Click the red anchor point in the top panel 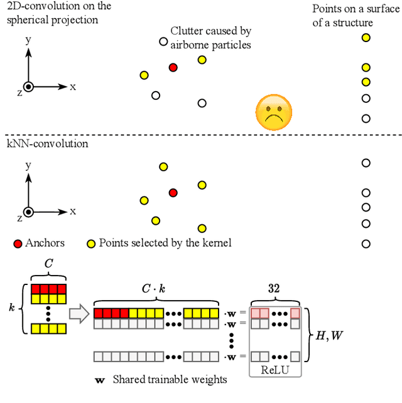[x=173, y=67]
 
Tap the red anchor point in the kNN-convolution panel [x=173, y=193]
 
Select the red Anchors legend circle [x=17, y=243]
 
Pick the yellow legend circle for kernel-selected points [x=91, y=243]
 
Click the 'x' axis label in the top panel [x=73, y=87]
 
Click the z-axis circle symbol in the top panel [x=28, y=87]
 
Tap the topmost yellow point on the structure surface [x=366, y=38]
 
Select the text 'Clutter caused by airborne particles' [x=210, y=38]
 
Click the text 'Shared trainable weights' [x=170, y=379]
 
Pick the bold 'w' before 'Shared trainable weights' [x=99, y=380]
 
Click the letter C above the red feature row [x=48, y=265]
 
